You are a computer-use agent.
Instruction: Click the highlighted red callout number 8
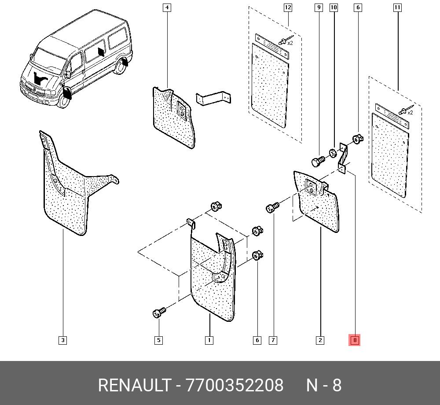(354, 340)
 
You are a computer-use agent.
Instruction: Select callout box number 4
(167, 7)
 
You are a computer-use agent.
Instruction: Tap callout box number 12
(288, 7)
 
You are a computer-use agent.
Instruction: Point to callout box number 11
(397, 7)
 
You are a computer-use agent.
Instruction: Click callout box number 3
(63, 340)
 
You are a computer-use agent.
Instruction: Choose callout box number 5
(158, 340)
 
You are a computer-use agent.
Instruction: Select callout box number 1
(209, 340)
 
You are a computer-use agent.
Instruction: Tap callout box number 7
(273, 340)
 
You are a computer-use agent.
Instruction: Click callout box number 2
(320, 340)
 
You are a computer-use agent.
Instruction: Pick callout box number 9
(319, 7)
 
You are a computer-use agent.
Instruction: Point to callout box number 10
(334, 7)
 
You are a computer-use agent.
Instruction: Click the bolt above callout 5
(159, 313)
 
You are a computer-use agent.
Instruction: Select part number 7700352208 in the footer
(235, 386)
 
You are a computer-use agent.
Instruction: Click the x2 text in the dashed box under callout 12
(290, 43)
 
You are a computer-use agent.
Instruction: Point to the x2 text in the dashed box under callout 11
(410, 113)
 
